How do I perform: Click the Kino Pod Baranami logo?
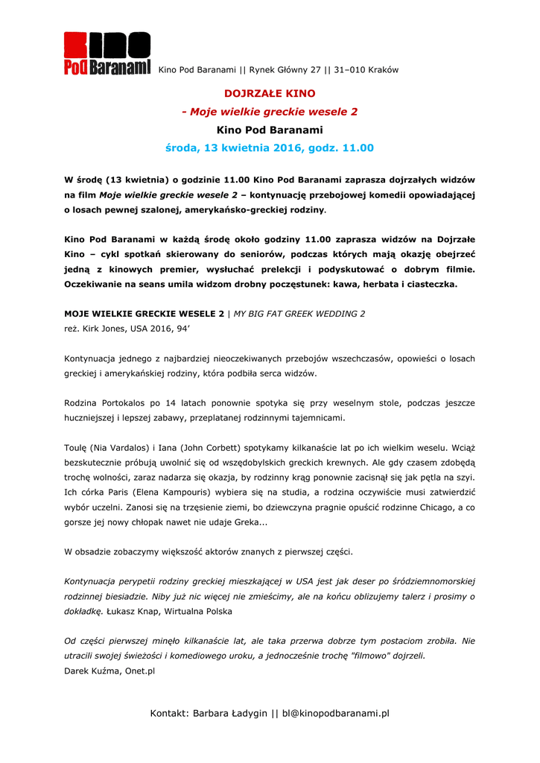[x=107, y=54]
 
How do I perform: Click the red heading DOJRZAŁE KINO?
[x=270, y=94]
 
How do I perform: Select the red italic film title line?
[x=270, y=112]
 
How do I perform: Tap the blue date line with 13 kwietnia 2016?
[x=270, y=148]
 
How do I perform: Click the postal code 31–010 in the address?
[x=353, y=70]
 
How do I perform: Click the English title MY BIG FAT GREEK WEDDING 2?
[x=299, y=314]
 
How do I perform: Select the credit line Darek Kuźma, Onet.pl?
[x=109, y=671]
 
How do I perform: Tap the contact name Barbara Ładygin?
[x=229, y=714]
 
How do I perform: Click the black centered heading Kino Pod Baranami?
[x=270, y=130]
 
